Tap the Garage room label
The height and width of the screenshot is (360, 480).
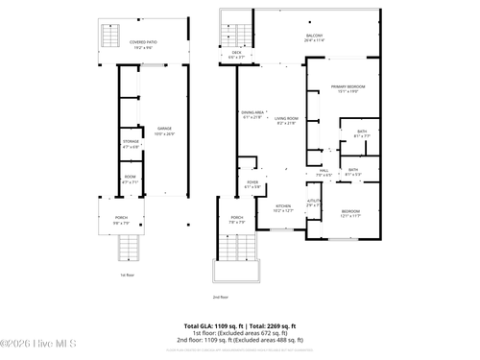coord(164,132)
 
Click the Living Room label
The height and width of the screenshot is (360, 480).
coord(287,120)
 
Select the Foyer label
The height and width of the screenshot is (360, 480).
coord(252,184)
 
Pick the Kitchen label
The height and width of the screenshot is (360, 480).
coord(283,207)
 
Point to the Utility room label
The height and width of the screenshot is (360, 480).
coord(313,203)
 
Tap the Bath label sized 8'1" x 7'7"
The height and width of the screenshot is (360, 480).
coord(361,133)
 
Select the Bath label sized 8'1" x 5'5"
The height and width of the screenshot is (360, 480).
coord(353,172)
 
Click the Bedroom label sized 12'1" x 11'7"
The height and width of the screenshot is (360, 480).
coord(350,213)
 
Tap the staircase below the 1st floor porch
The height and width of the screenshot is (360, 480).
coord(129,248)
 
